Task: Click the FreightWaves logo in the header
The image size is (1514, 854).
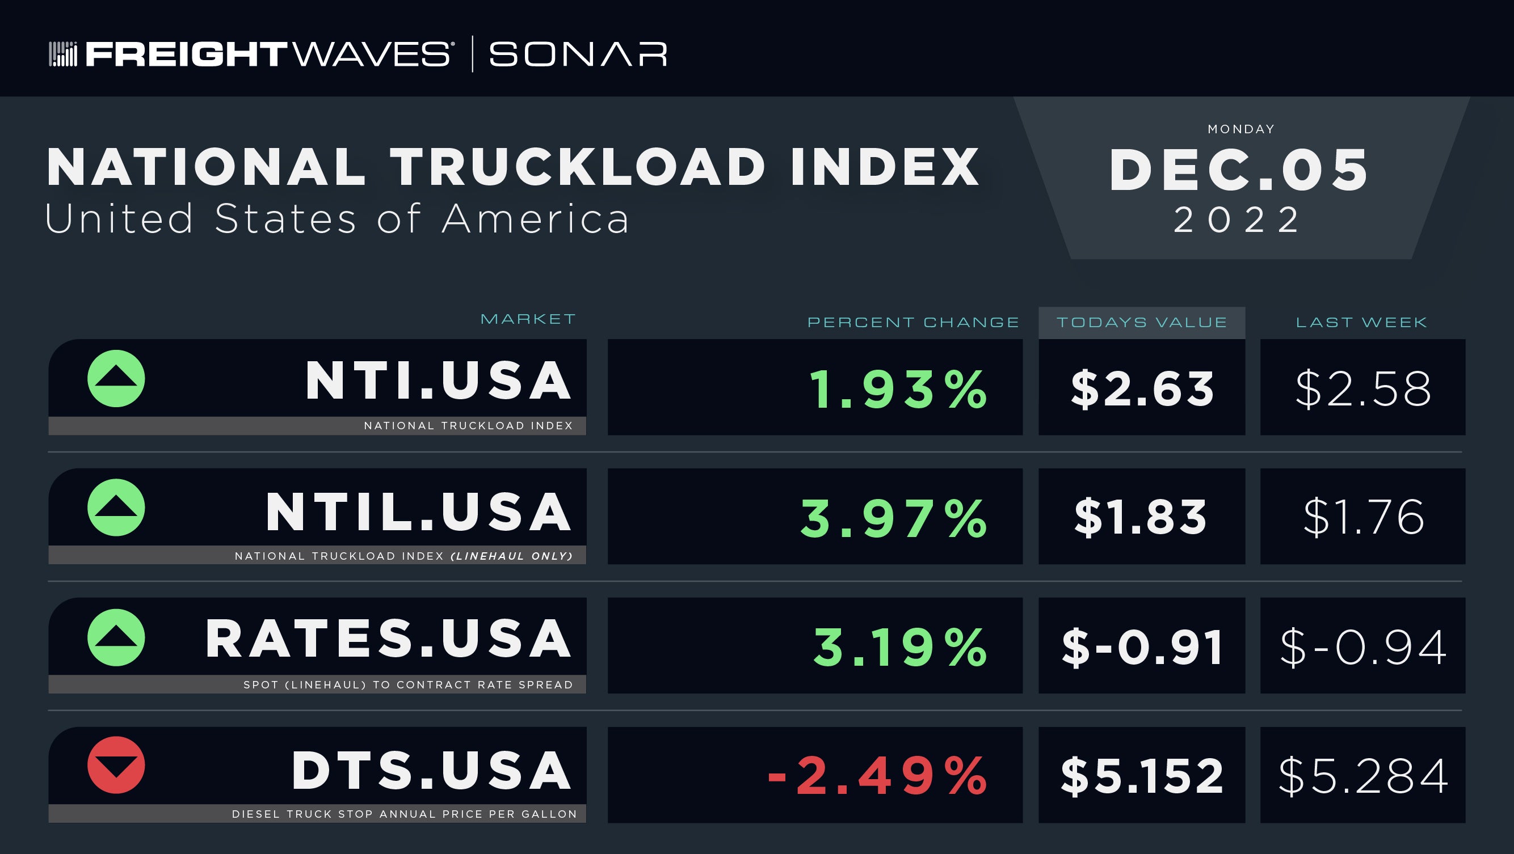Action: (251, 54)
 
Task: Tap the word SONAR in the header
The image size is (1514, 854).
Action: (578, 54)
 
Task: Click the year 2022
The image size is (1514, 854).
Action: (1237, 220)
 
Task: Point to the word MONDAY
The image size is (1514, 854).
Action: (1241, 129)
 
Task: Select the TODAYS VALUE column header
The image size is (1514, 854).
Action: (1142, 323)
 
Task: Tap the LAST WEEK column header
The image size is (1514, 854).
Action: (1362, 323)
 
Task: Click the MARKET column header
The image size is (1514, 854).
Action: (528, 319)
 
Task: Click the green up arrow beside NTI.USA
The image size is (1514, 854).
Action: (116, 379)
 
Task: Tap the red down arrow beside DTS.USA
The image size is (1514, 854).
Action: (116, 766)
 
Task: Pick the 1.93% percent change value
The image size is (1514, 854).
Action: (899, 389)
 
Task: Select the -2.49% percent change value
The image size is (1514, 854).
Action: (877, 775)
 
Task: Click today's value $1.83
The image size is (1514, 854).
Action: (1141, 517)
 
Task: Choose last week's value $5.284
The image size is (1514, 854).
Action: (1363, 776)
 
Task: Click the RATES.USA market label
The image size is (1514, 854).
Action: (388, 639)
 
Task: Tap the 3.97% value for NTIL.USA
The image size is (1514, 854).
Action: (894, 518)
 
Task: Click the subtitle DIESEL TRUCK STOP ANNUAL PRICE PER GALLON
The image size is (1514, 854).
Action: (405, 814)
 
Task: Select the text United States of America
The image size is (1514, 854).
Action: (337, 218)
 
